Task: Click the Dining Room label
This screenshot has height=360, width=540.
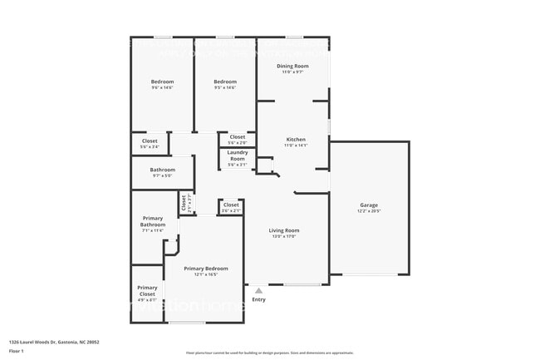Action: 292,66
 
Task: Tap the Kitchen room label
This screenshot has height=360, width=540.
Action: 296,140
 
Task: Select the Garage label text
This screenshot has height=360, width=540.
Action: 369,205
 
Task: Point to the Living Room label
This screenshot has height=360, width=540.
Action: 284,230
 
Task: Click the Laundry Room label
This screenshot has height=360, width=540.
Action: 238,155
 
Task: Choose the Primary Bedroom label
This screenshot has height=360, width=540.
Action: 206,269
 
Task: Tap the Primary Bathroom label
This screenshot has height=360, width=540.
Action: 153,222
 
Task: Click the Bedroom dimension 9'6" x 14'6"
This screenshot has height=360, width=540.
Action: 162,87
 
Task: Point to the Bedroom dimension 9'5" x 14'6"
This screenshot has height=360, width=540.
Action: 225,87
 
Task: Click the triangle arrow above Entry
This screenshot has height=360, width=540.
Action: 258,291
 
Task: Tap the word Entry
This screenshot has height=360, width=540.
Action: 258,299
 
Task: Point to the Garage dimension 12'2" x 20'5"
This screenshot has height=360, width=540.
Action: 369,211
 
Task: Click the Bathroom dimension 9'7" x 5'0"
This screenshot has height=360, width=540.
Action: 161,175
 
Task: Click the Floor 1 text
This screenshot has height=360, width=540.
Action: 17,352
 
